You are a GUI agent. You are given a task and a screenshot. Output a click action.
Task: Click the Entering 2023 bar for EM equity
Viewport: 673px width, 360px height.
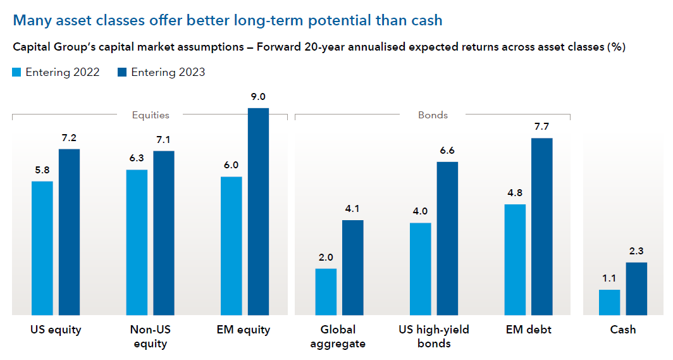[x=258, y=211]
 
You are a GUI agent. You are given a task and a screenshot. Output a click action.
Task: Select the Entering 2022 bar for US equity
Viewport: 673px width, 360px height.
[x=42, y=248]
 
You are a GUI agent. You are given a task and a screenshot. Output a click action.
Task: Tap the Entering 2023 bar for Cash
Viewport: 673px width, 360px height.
[x=636, y=289]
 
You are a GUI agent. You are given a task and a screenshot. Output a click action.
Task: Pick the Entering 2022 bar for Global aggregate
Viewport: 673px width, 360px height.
[x=326, y=292]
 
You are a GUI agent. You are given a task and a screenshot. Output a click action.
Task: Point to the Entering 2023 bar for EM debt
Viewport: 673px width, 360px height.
[x=541, y=227]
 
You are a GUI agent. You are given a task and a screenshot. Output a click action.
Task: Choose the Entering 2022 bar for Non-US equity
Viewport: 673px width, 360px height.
[x=137, y=242]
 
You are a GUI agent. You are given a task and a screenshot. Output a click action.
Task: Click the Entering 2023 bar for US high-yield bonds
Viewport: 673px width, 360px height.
[x=447, y=239]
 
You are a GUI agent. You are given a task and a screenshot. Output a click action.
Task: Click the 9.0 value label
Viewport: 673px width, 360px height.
[x=258, y=97]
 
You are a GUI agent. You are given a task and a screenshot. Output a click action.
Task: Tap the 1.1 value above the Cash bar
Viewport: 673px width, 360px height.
[x=609, y=279]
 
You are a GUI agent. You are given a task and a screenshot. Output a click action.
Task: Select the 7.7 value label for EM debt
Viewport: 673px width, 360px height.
[x=541, y=127]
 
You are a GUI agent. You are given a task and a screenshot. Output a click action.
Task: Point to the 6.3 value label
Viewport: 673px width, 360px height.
[x=137, y=159]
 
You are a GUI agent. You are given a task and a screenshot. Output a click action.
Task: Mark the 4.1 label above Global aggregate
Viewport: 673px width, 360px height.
[x=352, y=209]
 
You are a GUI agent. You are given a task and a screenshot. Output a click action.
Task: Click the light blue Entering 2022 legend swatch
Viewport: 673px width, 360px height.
[x=17, y=72]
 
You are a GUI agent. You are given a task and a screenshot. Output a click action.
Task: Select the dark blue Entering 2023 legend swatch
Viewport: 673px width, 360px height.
[x=123, y=72]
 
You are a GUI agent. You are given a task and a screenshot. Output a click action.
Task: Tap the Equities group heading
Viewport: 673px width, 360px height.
[x=151, y=115]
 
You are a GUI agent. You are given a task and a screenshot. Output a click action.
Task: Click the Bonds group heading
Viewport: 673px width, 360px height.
[x=433, y=115]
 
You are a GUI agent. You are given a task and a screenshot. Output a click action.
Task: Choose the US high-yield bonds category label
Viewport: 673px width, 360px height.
[x=434, y=337]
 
